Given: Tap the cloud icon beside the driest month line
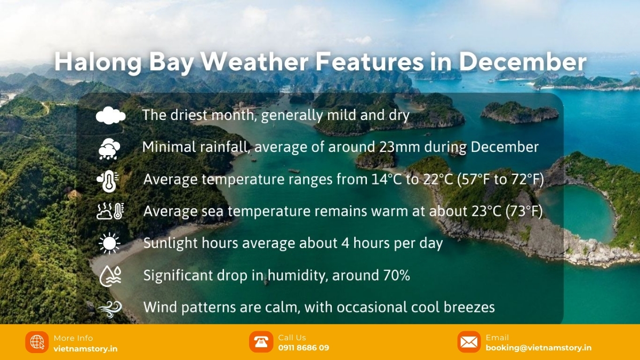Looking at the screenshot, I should coord(110,116).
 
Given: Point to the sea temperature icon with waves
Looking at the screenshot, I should coord(110,211).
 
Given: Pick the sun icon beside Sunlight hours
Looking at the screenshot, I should coord(110,243).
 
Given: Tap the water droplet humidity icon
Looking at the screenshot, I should coord(110,275).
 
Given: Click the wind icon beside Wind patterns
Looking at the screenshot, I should coord(110,308).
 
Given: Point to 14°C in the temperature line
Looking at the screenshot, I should coord(386,180).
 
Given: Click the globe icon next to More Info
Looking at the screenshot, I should coord(37,342).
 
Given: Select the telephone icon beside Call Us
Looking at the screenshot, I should coord(261,342).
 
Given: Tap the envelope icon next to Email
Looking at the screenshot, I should coord(469,342).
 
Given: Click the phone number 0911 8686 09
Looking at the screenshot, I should coord(303,348).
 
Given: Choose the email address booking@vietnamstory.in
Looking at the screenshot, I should coord(538,348).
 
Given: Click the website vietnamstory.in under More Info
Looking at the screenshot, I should coord(85,349).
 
